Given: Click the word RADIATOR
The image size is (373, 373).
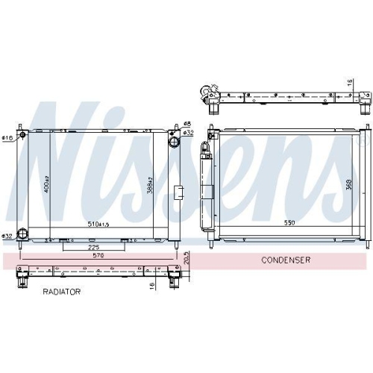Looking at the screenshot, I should (x=61, y=292).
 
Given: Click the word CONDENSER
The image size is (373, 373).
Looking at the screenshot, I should (x=285, y=260).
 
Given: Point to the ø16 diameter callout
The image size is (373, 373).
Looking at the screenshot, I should (x=7, y=138).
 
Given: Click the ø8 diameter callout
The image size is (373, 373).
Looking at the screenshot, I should (x=186, y=124).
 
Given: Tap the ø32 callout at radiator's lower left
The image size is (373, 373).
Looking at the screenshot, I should (x=7, y=236).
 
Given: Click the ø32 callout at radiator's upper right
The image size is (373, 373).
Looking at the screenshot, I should (x=189, y=133).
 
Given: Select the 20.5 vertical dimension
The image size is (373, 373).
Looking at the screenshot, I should (x=186, y=257).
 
